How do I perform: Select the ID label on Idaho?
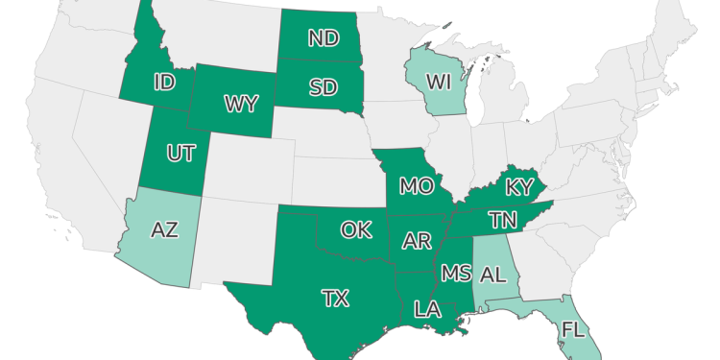click(x=164, y=83)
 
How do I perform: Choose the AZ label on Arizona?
click(x=165, y=230)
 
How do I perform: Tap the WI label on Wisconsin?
click(x=439, y=82)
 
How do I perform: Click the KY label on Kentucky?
click(x=518, y=185)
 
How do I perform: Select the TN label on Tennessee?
click(x=502, y=220)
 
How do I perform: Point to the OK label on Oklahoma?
click(x=356, y=229)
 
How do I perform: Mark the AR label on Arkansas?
click(x=417, y=241)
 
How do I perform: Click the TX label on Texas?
click(x=335, y=298)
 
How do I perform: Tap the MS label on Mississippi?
click(x=455, y=274)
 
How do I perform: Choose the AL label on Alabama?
click(x=492, y=274)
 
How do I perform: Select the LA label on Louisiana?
click(x=426, y=309)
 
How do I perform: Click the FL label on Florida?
click(x=573, y=330)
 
